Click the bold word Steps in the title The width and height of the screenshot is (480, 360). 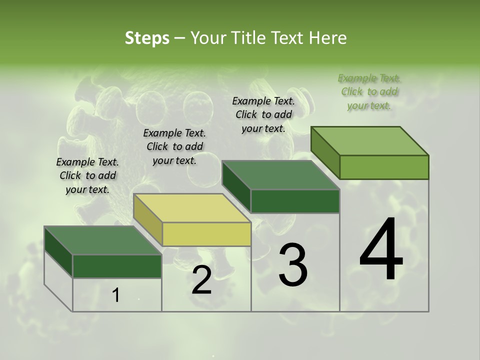(147, 38)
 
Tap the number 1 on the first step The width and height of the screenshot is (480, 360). (116, 295)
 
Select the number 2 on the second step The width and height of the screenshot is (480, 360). (201, 280)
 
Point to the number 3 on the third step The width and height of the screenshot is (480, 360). (293, 265)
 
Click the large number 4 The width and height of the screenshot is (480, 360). (381, 250)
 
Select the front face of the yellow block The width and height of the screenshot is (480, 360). (207, 234)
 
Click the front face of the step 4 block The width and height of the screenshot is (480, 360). (384, 167)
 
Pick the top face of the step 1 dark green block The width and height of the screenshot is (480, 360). (103, 240)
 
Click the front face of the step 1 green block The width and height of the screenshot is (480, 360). (117, 266)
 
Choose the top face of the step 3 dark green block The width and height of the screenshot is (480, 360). (281, 175)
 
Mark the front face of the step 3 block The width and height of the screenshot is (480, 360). (295, 201)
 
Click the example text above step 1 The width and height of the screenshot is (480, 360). (87, 176)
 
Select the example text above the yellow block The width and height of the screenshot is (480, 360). (174, 147)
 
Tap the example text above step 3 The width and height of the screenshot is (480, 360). (263, 115)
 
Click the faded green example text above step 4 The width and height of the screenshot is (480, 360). (369, 92)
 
